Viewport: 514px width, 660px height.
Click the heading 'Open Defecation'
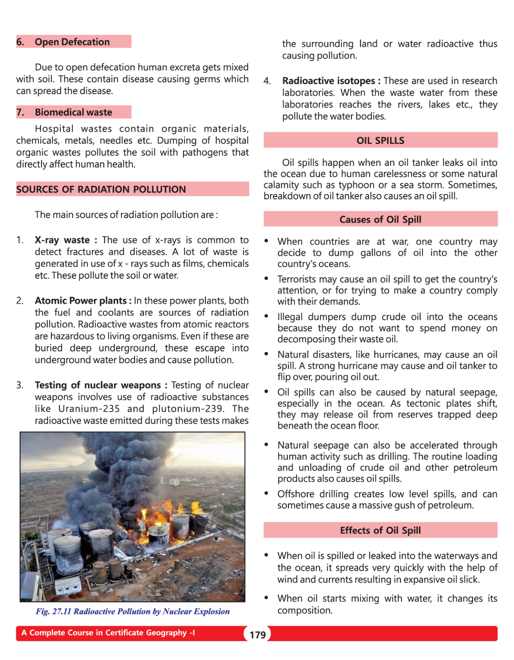[x=72, y=42]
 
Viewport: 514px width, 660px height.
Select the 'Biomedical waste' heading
[x=73, y=112]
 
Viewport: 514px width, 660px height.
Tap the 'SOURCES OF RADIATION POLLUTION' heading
[x=101, y=189]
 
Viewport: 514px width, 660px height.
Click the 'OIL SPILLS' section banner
[x=380, y=141]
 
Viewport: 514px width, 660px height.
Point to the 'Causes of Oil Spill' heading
[x=380, y=219]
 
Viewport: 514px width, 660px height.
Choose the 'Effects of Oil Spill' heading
[x=380, y=530]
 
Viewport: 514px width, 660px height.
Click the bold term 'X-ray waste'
[x=62, y=240]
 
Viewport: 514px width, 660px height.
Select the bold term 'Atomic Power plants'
[x=81, y=300]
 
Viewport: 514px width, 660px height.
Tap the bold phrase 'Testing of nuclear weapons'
[x=98, y=385]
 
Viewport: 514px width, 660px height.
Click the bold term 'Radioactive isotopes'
[x=328, y=81]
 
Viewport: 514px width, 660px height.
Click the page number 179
[x=258, y=635]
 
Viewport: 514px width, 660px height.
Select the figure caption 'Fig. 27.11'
[x=53, y=611]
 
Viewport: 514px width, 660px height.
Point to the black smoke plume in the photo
[x=129, y=466]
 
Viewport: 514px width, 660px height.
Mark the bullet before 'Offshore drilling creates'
[x=267, y=493]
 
